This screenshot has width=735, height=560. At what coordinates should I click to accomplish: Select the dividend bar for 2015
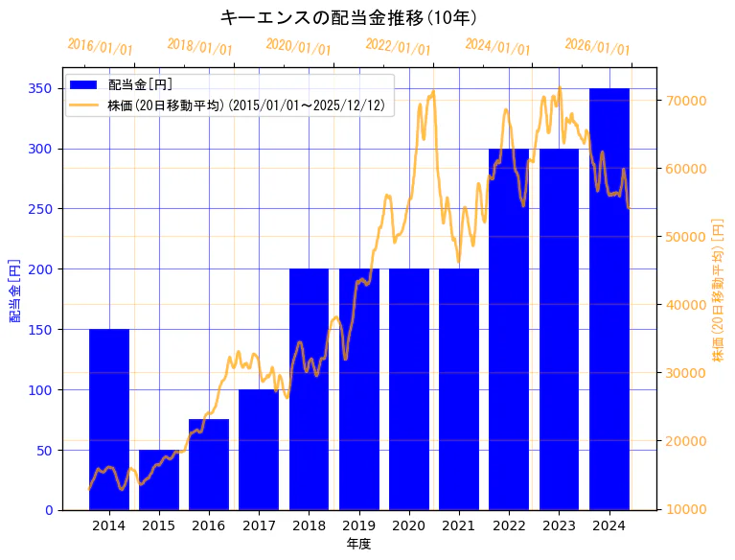tap(159, 479)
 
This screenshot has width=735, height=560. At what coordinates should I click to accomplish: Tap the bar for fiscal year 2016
tap(209, 464)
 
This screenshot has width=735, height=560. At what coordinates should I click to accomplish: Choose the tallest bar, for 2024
tap(609, 298)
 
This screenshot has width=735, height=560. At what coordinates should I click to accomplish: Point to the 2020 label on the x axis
tap(409, 525)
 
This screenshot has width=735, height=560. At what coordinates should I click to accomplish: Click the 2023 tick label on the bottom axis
tap(559, 525)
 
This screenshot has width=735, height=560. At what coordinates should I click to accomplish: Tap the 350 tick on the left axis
tap(40, 88)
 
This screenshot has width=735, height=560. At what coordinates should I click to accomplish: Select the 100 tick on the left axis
tap(40, 389)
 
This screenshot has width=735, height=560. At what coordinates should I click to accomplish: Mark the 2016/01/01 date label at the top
tap(101, 47)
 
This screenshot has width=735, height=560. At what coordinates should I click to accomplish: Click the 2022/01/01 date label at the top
tap(399, 47)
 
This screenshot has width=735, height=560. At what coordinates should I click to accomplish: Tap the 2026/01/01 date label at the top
tap(598, 47)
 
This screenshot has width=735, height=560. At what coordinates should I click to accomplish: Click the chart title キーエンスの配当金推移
tap(349, 17)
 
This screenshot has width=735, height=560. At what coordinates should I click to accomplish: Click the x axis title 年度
tap(358, 544)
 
